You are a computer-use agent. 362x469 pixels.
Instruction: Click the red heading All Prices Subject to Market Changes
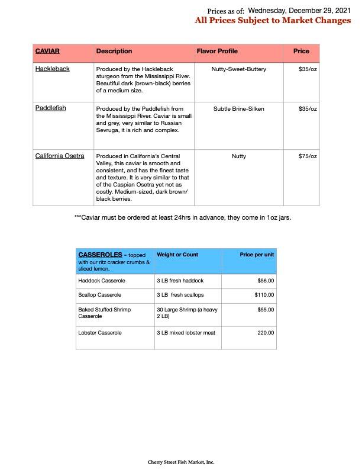click(273, 21)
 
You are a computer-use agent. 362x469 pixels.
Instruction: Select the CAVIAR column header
click(47, 52)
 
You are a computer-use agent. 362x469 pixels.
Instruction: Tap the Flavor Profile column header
click(217, 52)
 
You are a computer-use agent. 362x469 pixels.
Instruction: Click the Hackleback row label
click(52, 69)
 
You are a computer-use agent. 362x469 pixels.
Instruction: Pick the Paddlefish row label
click(50, 109)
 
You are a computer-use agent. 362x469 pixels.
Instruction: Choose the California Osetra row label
click(60, 156)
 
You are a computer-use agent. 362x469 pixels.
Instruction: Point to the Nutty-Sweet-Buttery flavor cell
click(239, 69)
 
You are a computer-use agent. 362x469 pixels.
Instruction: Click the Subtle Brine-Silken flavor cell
click(239, 109)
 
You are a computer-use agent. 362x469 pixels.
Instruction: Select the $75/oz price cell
click(308, 156)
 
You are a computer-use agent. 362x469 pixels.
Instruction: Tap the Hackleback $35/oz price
click(308, 69)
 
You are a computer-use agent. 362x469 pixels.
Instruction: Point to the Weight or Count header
click(177, 255)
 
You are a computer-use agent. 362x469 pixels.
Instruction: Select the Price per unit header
click(257, 255)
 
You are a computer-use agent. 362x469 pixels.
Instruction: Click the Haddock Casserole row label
click(102, 281)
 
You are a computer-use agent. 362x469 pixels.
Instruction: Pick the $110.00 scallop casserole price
click(264, 295)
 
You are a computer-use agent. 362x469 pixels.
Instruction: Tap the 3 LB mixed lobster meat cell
click(186, 333)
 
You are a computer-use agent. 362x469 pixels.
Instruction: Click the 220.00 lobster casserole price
click(265, 333)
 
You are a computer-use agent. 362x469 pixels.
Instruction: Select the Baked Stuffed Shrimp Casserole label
click(105, 313)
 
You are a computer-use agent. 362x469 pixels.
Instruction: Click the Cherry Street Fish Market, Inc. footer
click(181, 462)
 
